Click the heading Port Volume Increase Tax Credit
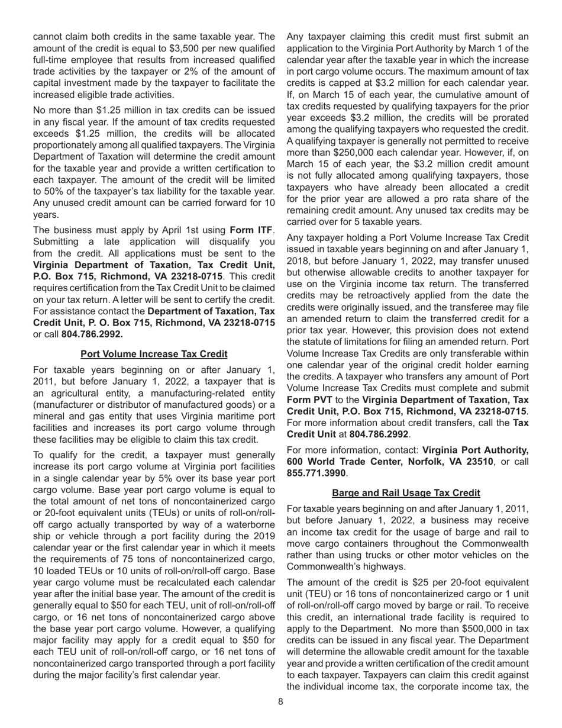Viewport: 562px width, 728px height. click(154, 354)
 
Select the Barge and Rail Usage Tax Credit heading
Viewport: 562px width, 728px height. click(406, 492)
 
